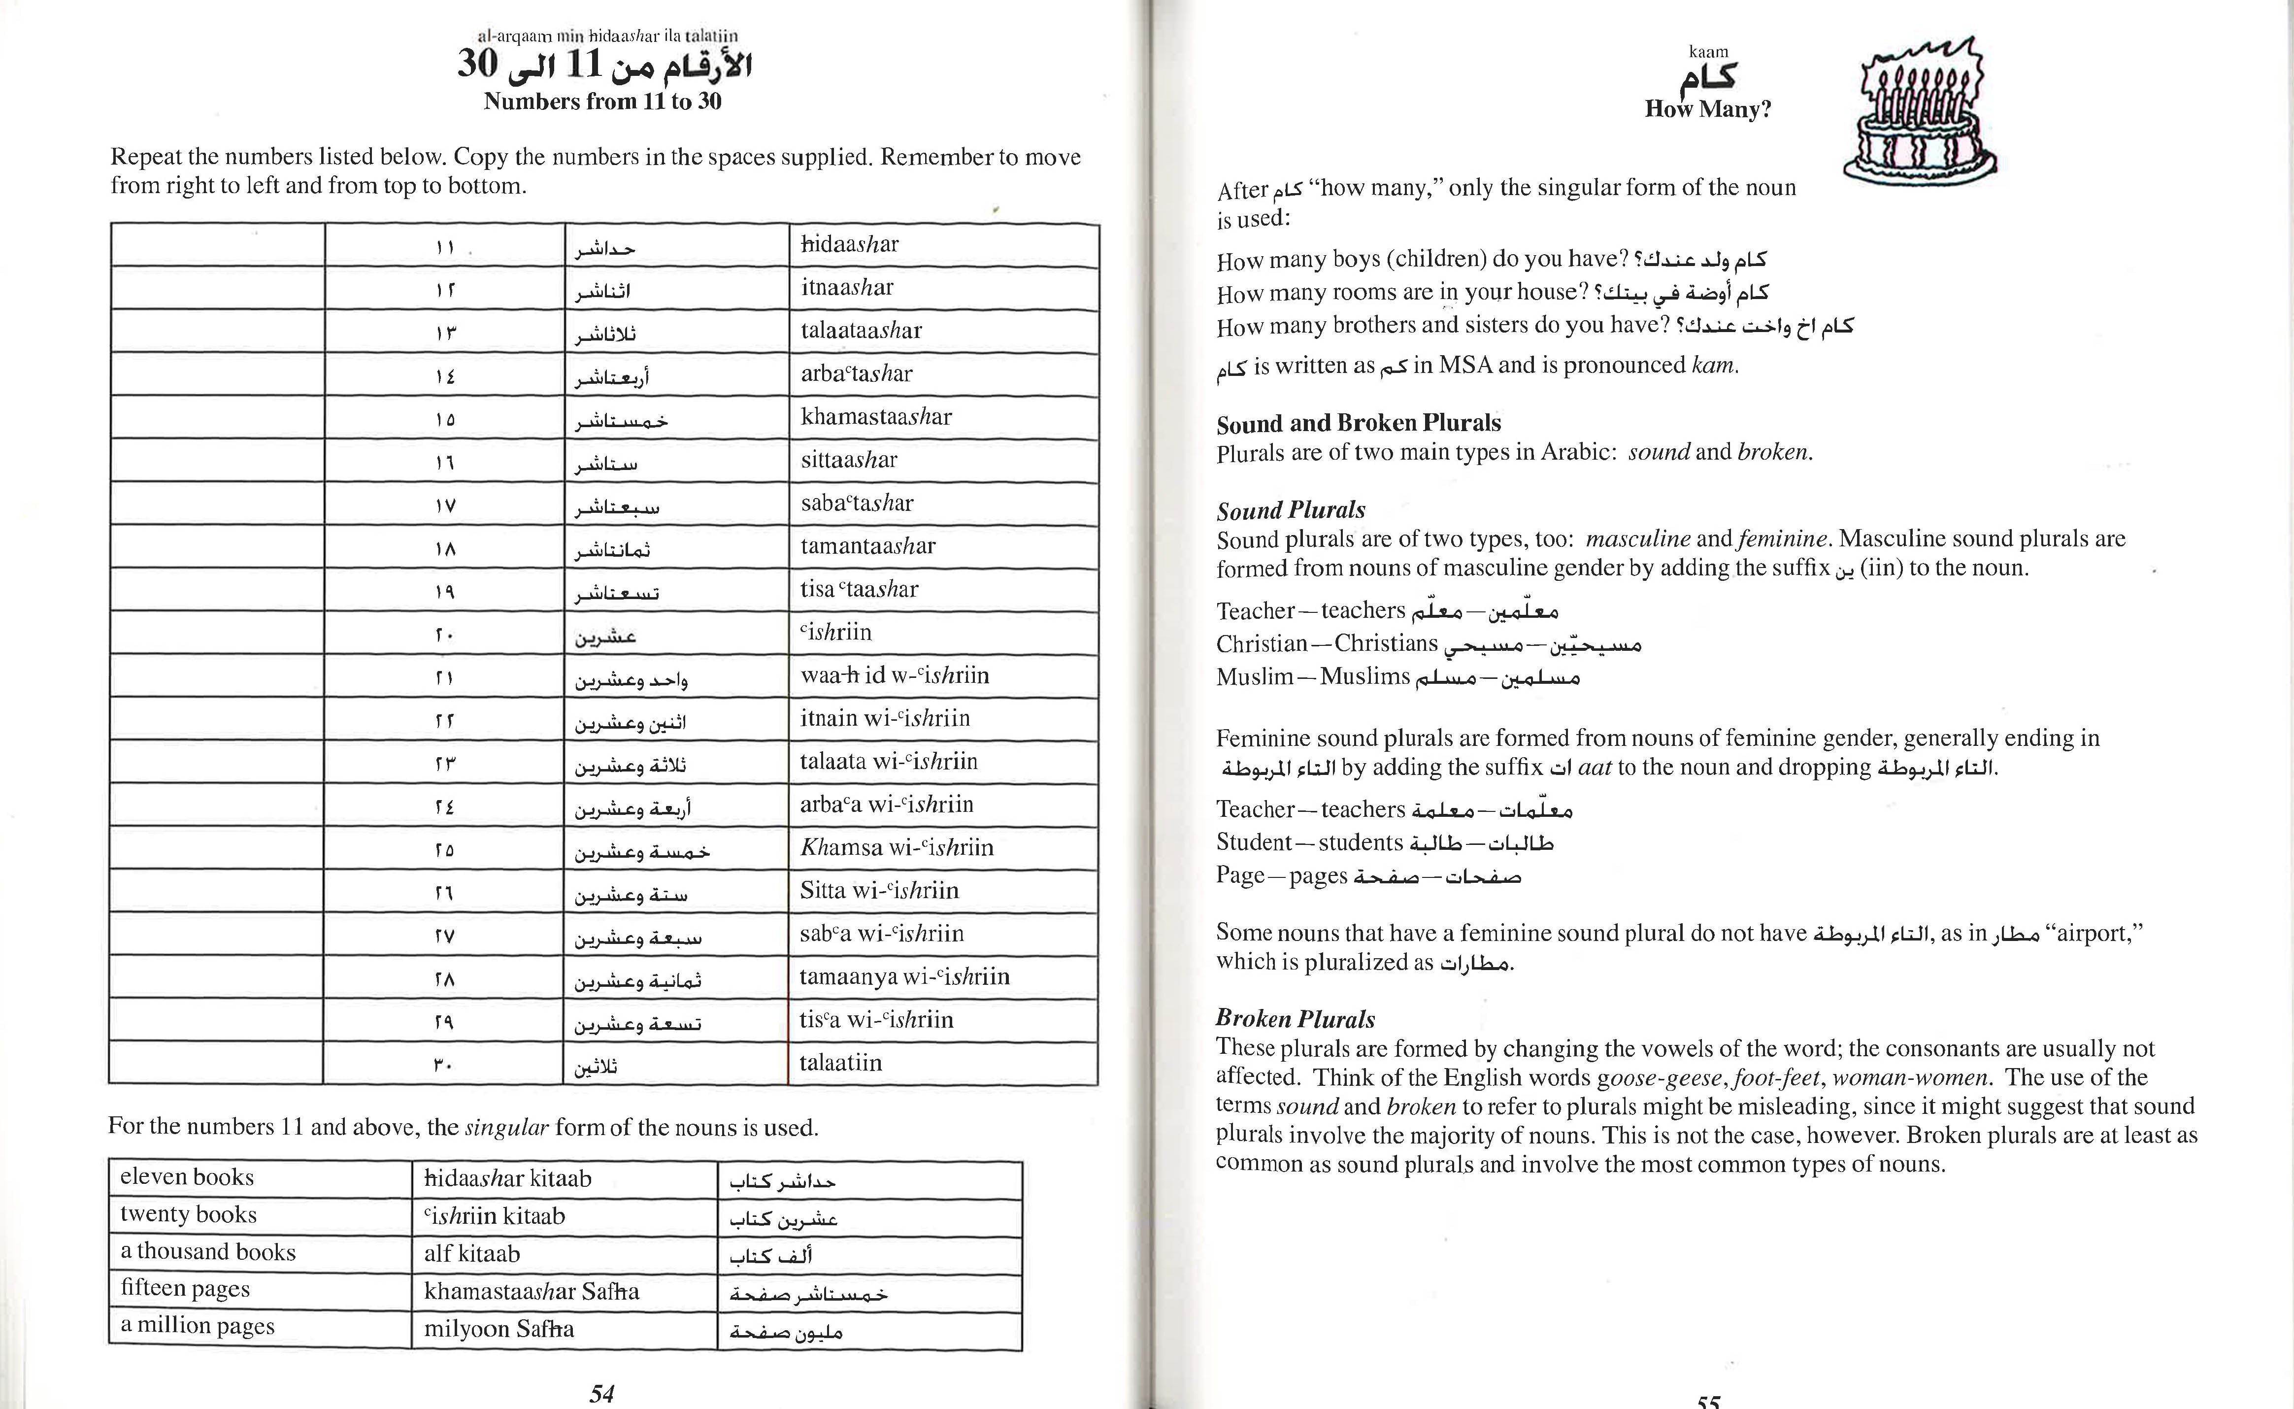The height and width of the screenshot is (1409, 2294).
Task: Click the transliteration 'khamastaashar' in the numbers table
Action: click(876, 417)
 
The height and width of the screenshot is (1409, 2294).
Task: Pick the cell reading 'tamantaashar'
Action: click(867, 546)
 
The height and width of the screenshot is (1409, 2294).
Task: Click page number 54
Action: click(602, 1393)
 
